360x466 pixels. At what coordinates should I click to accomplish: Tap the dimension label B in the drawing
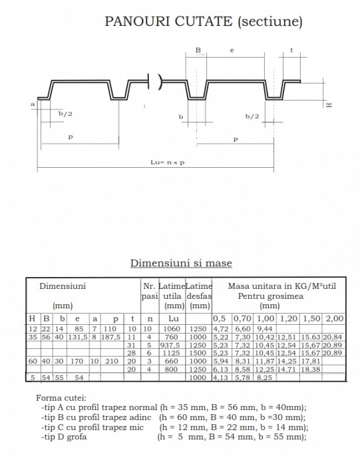[198, 51]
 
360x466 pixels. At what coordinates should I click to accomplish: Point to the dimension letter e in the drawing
[231, 51]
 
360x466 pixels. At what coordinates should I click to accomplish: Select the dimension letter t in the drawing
[291, 51]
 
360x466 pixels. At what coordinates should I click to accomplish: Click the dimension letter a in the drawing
[32, 105]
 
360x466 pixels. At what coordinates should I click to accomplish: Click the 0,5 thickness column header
[220, 319]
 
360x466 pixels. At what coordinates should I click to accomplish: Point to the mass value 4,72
[220, 328]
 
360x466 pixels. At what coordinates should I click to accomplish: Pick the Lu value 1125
[171, 353]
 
